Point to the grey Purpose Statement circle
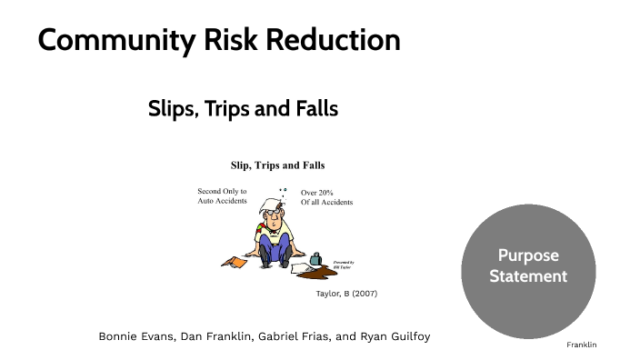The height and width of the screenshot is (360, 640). click(x=527, y=265)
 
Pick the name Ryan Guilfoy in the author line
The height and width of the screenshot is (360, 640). click(x=393, y=336)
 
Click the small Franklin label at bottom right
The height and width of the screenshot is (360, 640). click(x=581, y=345)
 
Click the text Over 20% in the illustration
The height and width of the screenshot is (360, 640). click(x=318, y=193)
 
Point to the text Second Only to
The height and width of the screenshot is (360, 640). click(x=222, y=192)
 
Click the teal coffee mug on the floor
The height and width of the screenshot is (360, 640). click(x=315, y=259)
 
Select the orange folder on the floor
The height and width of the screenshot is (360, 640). click(x=235, y=262)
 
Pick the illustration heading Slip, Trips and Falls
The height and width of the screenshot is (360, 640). click(x=276, y=165)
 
